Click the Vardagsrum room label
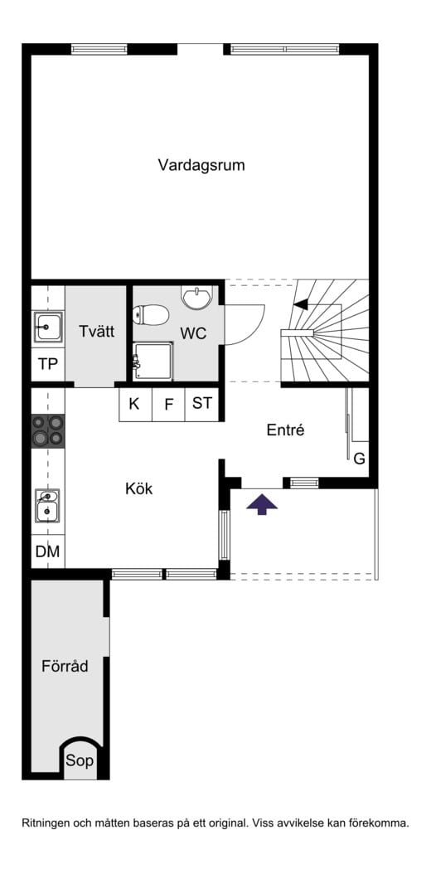pos(201,166)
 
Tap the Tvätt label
pos(96,331)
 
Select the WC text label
pos(193,333)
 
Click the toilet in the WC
pos(151,315)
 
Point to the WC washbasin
pos(196,297)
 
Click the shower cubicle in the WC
pos(153,362)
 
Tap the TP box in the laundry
pos(48,364)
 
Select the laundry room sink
pos(48,327)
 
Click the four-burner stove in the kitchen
pos(48,431)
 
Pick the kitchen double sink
pos(47,505)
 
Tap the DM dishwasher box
pos(48,551)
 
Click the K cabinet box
pos(135,404)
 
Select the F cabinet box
pos(169,404)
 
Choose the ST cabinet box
pos(201,404)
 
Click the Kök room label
pos(138,489)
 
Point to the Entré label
pos(285,430)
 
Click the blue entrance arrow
pos(262,504)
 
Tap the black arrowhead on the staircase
pos(301,304)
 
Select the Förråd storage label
pos(65,666)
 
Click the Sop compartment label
pos(80,761)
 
